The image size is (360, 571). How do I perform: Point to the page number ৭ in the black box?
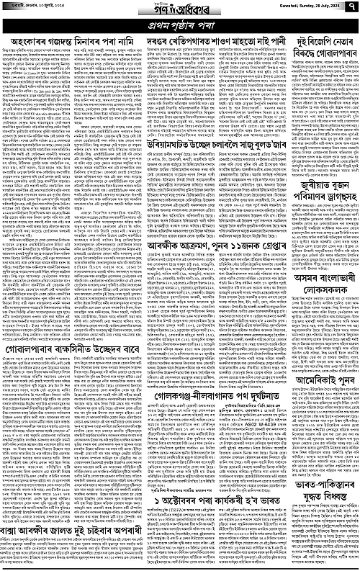pos(352,9)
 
